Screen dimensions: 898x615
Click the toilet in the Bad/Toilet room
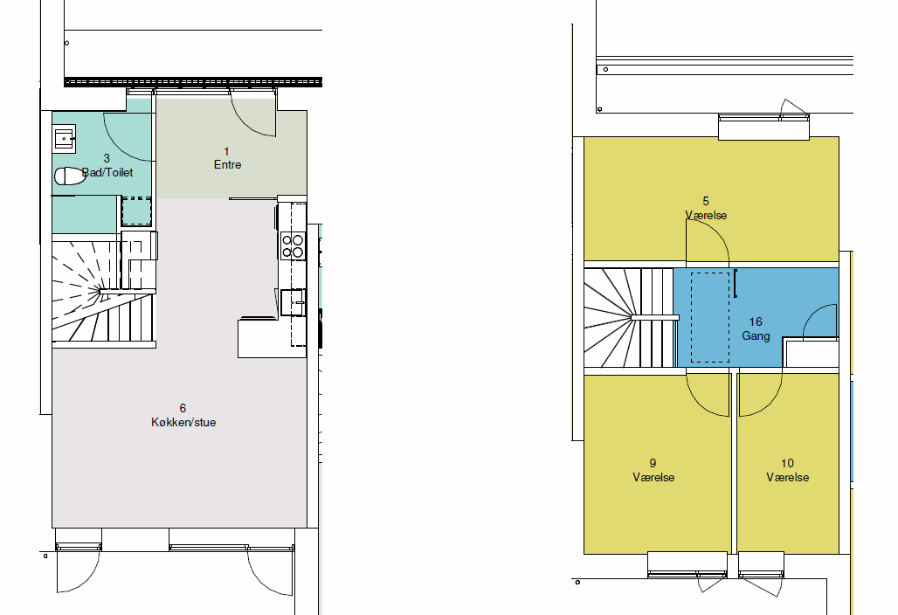[69, 176]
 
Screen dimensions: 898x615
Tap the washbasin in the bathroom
[64, 139]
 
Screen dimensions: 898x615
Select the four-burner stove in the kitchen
[293, 245]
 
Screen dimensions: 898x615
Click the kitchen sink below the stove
[293, 301]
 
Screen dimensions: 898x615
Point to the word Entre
[227, 165]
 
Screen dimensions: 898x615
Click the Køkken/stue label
[183, 423]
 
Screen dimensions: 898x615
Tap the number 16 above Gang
[756, 321]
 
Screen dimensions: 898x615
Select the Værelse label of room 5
[706, 216]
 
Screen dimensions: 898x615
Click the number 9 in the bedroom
[653, 463]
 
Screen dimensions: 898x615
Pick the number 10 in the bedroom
[787, 463]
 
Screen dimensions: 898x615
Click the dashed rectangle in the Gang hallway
[710, 317]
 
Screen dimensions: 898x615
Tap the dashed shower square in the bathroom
[136, 211]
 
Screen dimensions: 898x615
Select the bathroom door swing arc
[117, 148]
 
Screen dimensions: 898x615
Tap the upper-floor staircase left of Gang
[631, 318]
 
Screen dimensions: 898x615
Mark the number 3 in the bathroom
[107, 158]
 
